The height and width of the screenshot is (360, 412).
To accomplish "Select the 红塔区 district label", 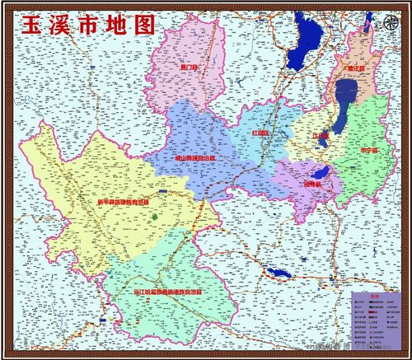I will tap(260, 133).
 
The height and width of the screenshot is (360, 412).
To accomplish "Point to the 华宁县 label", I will tap(370, 151).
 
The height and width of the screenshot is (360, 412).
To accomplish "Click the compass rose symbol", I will tap(389, 24).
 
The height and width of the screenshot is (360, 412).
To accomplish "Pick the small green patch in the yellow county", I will tap(154, 217).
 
